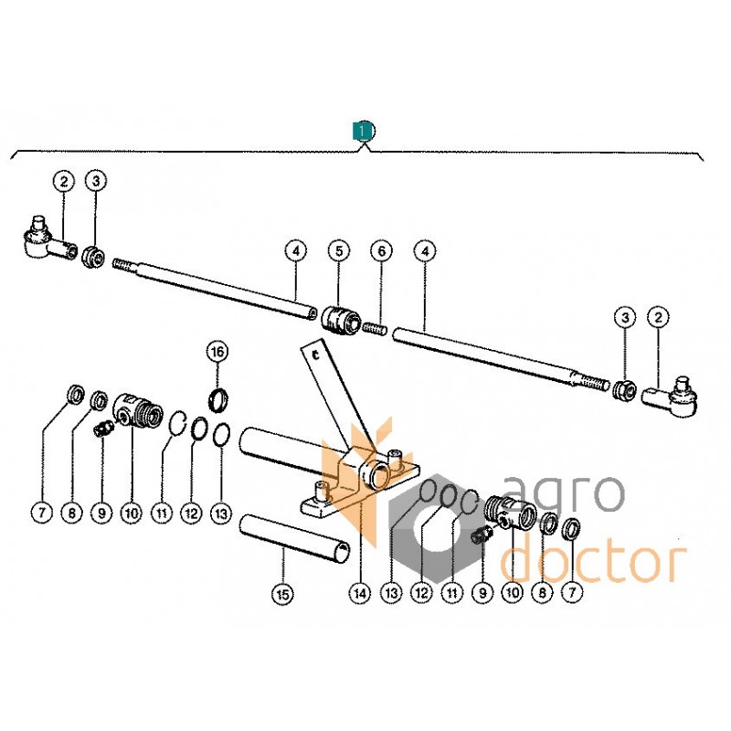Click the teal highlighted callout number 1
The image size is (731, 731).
tap(362, 132)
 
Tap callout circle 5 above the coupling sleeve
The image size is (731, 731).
tap(339, 251)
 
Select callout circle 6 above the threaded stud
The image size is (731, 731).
tap(382, 251)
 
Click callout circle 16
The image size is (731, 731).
tap(217, 352)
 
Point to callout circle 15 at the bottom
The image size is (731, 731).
tap(283, 595)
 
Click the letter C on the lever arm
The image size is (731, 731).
tap(315, 356)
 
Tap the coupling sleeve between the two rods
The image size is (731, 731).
tap(342, 321)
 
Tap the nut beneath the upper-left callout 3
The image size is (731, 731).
tap(94, 258)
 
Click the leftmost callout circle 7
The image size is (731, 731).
tap(42, 514)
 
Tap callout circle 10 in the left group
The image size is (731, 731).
tap(132, 514)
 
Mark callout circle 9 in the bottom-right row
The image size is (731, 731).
tap(482, 592)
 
